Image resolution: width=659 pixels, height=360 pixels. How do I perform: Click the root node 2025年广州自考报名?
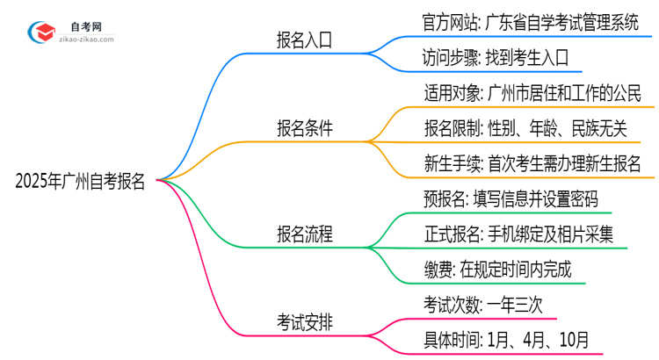point(80,183)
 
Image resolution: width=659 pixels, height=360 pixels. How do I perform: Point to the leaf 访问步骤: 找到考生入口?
point(496,58)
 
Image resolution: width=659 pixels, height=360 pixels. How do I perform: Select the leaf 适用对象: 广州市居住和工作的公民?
point(532,93)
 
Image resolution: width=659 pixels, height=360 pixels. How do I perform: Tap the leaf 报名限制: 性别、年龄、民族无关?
point(525,129)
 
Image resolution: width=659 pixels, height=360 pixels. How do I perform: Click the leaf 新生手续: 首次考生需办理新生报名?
point(532,164)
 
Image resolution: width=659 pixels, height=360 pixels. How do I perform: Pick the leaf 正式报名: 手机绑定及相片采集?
point(518,234)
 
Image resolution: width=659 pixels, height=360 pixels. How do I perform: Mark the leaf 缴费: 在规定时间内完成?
point(496,270)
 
